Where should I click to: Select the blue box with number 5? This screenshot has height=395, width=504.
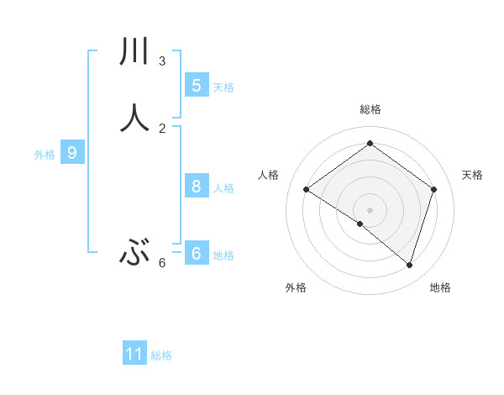click(x=196, y=85)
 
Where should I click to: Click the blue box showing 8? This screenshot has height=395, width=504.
click(x=196, y=187)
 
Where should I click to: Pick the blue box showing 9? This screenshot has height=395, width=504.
click(x=72, y=153)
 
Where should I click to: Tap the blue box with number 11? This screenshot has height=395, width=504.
click(x=134, y=354)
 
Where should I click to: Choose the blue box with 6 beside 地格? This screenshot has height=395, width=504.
click(x=196, y=253)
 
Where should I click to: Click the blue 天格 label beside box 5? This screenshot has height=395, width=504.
click(x=223, y=87)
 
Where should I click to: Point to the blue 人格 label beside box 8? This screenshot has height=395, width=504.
click(x=223, y=188)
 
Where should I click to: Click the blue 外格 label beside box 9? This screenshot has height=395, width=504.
click(x=45, y=155)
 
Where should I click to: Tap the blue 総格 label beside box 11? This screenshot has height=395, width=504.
click(x=161, y=355)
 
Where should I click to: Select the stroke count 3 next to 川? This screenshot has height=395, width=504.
click(x=162, y=61)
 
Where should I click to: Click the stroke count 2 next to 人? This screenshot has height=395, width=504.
click(x=162, y=128)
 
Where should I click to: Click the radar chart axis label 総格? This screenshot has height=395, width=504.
click(x=370, y=109)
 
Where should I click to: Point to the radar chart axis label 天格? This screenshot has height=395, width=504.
click(x=472, y=175)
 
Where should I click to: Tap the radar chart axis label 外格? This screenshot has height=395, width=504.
click(x=296, y=287)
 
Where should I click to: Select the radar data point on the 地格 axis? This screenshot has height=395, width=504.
click(x=409, y=265)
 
